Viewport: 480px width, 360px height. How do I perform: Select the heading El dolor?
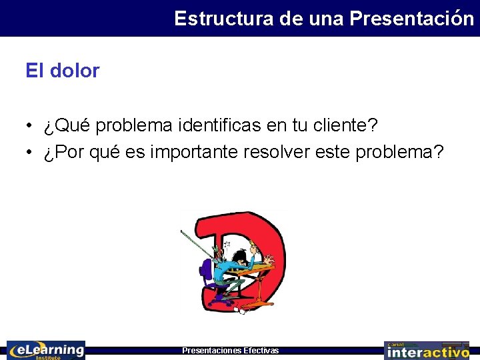tap(63, 71)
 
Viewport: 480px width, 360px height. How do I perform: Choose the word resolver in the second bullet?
tap(280, 152)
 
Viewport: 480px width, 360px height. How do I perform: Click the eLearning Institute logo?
tap(46, 350)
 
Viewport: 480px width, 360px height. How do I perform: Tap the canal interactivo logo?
tap(427, 350)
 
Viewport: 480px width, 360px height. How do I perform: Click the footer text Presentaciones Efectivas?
tap(231, 351)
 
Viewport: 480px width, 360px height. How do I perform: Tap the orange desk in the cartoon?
tap(257, 271)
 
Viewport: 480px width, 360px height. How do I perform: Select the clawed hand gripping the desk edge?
tap(269, 260)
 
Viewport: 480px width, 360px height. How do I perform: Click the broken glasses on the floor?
tap(242, 311)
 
